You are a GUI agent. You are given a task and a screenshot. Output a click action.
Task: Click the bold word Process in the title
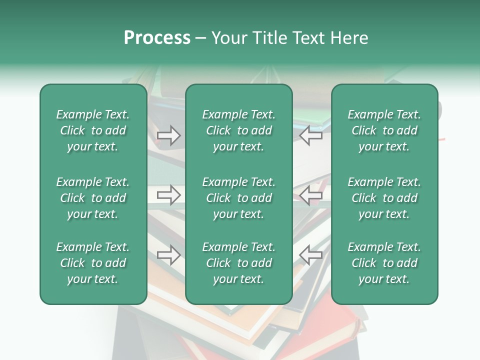tap(157, 38)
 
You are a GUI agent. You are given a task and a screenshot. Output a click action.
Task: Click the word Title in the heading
tap(270, 38)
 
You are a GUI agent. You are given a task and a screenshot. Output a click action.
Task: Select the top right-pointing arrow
tap(169, 135)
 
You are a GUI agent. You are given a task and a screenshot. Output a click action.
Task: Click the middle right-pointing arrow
tap(169, 195)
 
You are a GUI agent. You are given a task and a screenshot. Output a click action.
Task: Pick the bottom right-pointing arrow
tap(169, 255)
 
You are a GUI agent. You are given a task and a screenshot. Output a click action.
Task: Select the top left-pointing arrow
tap(311, 135)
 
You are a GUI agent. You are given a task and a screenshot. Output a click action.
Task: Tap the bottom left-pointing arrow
tap(311, 255)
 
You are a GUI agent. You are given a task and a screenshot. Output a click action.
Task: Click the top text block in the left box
tap(93, 130)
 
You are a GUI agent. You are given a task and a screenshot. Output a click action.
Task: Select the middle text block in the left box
tap(93, 198)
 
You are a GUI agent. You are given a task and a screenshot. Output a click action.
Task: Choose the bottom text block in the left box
tap(93, 263)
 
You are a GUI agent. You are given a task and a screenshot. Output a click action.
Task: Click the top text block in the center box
tap(238, 130)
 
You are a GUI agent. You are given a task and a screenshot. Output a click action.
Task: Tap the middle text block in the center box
tap(238, 198)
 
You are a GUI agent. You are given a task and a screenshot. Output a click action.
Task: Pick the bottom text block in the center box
tap(238, 263)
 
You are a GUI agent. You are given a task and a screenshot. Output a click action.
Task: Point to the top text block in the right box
tap(384, 130)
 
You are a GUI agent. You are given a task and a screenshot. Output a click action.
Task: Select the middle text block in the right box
tap(384, 198)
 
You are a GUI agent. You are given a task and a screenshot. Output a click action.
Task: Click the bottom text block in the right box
tap(384, 263)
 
